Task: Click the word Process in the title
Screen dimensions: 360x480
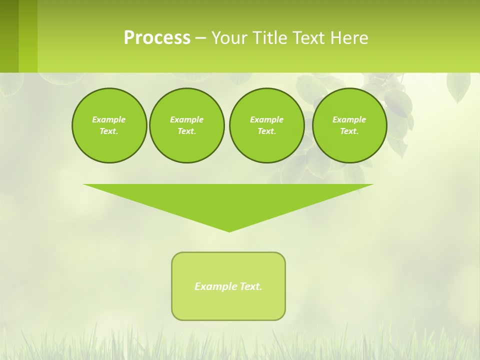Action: tap(157, 38)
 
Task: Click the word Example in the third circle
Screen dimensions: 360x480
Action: tap(266, 119)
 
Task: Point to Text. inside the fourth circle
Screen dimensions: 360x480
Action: tap(349, 131)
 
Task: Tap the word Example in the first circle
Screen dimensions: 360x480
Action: tap(109, 119)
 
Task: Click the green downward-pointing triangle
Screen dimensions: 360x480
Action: tap(228, 200)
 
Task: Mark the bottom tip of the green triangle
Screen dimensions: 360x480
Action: tap(229, 230)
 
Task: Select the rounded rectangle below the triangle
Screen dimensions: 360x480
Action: tap(228, 305)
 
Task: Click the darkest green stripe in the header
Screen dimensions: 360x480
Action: tap(9, 36)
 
